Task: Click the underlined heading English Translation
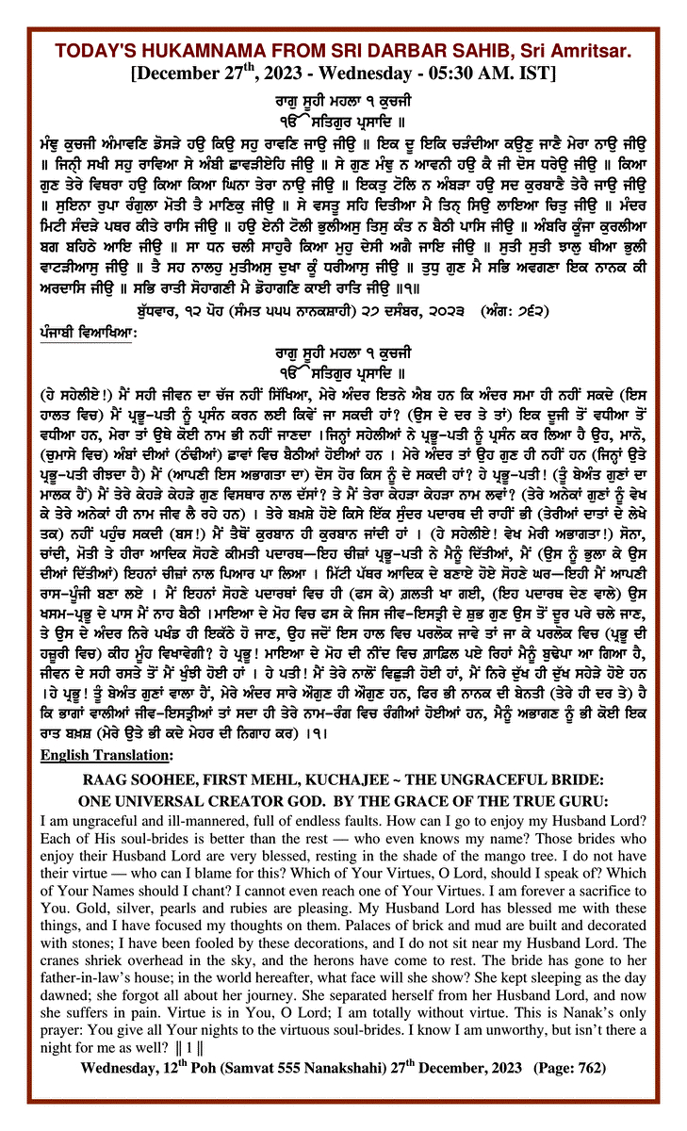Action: [104, 781]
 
